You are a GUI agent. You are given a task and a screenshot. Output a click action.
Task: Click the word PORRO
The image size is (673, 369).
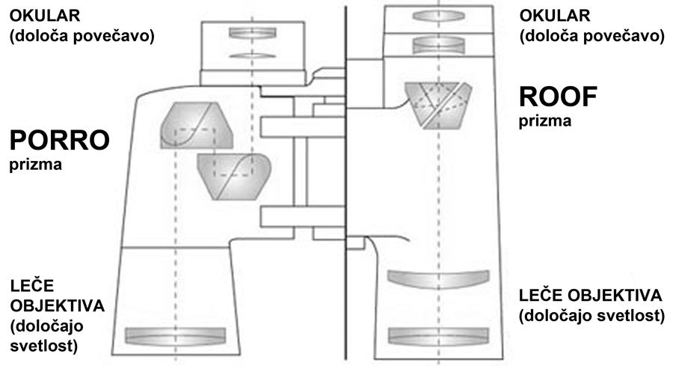coord(60,140)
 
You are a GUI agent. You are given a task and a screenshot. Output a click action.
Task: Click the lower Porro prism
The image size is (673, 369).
coord(232,176)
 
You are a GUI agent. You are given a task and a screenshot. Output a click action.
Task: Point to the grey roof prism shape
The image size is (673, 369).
coord(438,104)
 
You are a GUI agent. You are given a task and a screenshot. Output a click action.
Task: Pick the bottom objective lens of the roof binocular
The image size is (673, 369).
coord(437,335)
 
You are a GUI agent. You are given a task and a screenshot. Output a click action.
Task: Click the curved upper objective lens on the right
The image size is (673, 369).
coord(437,278)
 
